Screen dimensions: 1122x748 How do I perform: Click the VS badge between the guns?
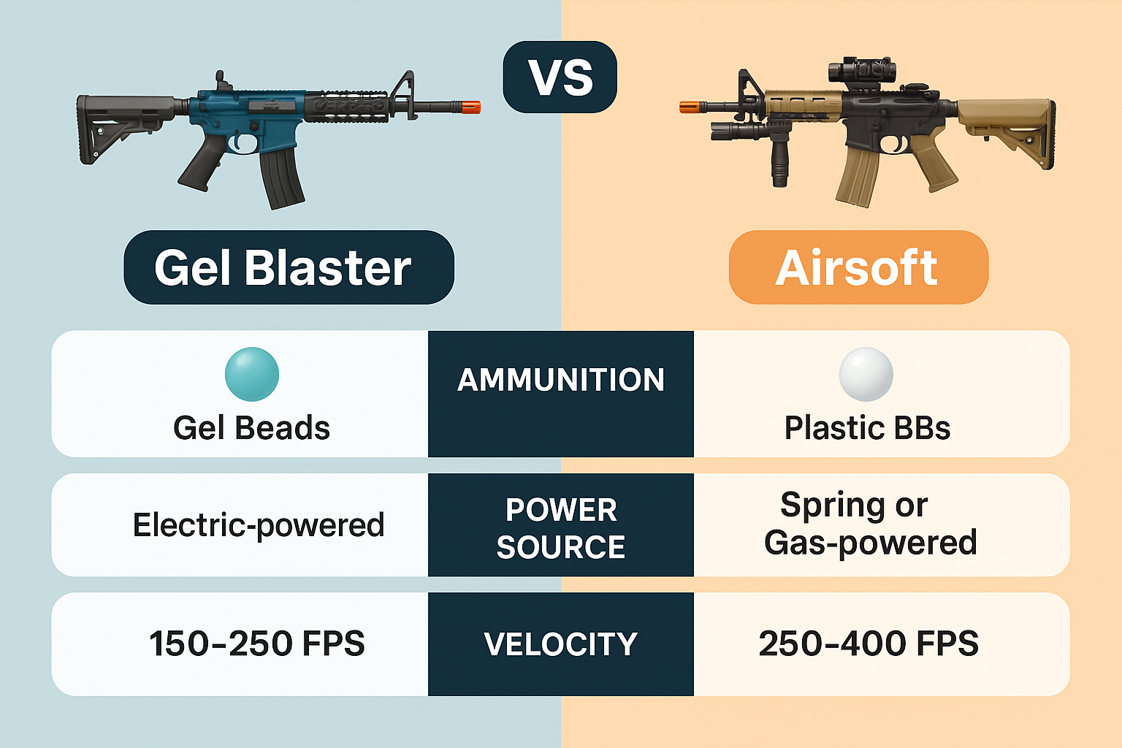point(560,77)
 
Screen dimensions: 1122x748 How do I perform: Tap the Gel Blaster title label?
point(289,267)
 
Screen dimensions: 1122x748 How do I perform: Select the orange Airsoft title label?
point(858,267)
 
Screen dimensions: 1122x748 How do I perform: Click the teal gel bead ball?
point(252,374)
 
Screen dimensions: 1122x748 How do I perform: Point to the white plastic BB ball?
point(866,374)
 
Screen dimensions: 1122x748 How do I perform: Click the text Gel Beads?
point(252,428)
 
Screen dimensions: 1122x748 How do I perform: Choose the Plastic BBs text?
point(867,428)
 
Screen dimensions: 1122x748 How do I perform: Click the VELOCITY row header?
point(561,644)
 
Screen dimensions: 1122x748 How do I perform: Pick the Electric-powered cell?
point(259,525)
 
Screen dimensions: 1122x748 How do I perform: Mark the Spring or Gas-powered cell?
point(871,524)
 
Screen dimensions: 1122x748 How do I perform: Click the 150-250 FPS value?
point(257,644)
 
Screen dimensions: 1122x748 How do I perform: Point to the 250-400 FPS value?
point(869,644)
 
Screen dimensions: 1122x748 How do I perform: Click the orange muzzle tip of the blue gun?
point(471,107)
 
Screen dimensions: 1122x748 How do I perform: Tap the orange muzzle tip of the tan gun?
point(688,107)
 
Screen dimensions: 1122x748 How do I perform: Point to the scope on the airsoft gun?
point(861,71)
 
